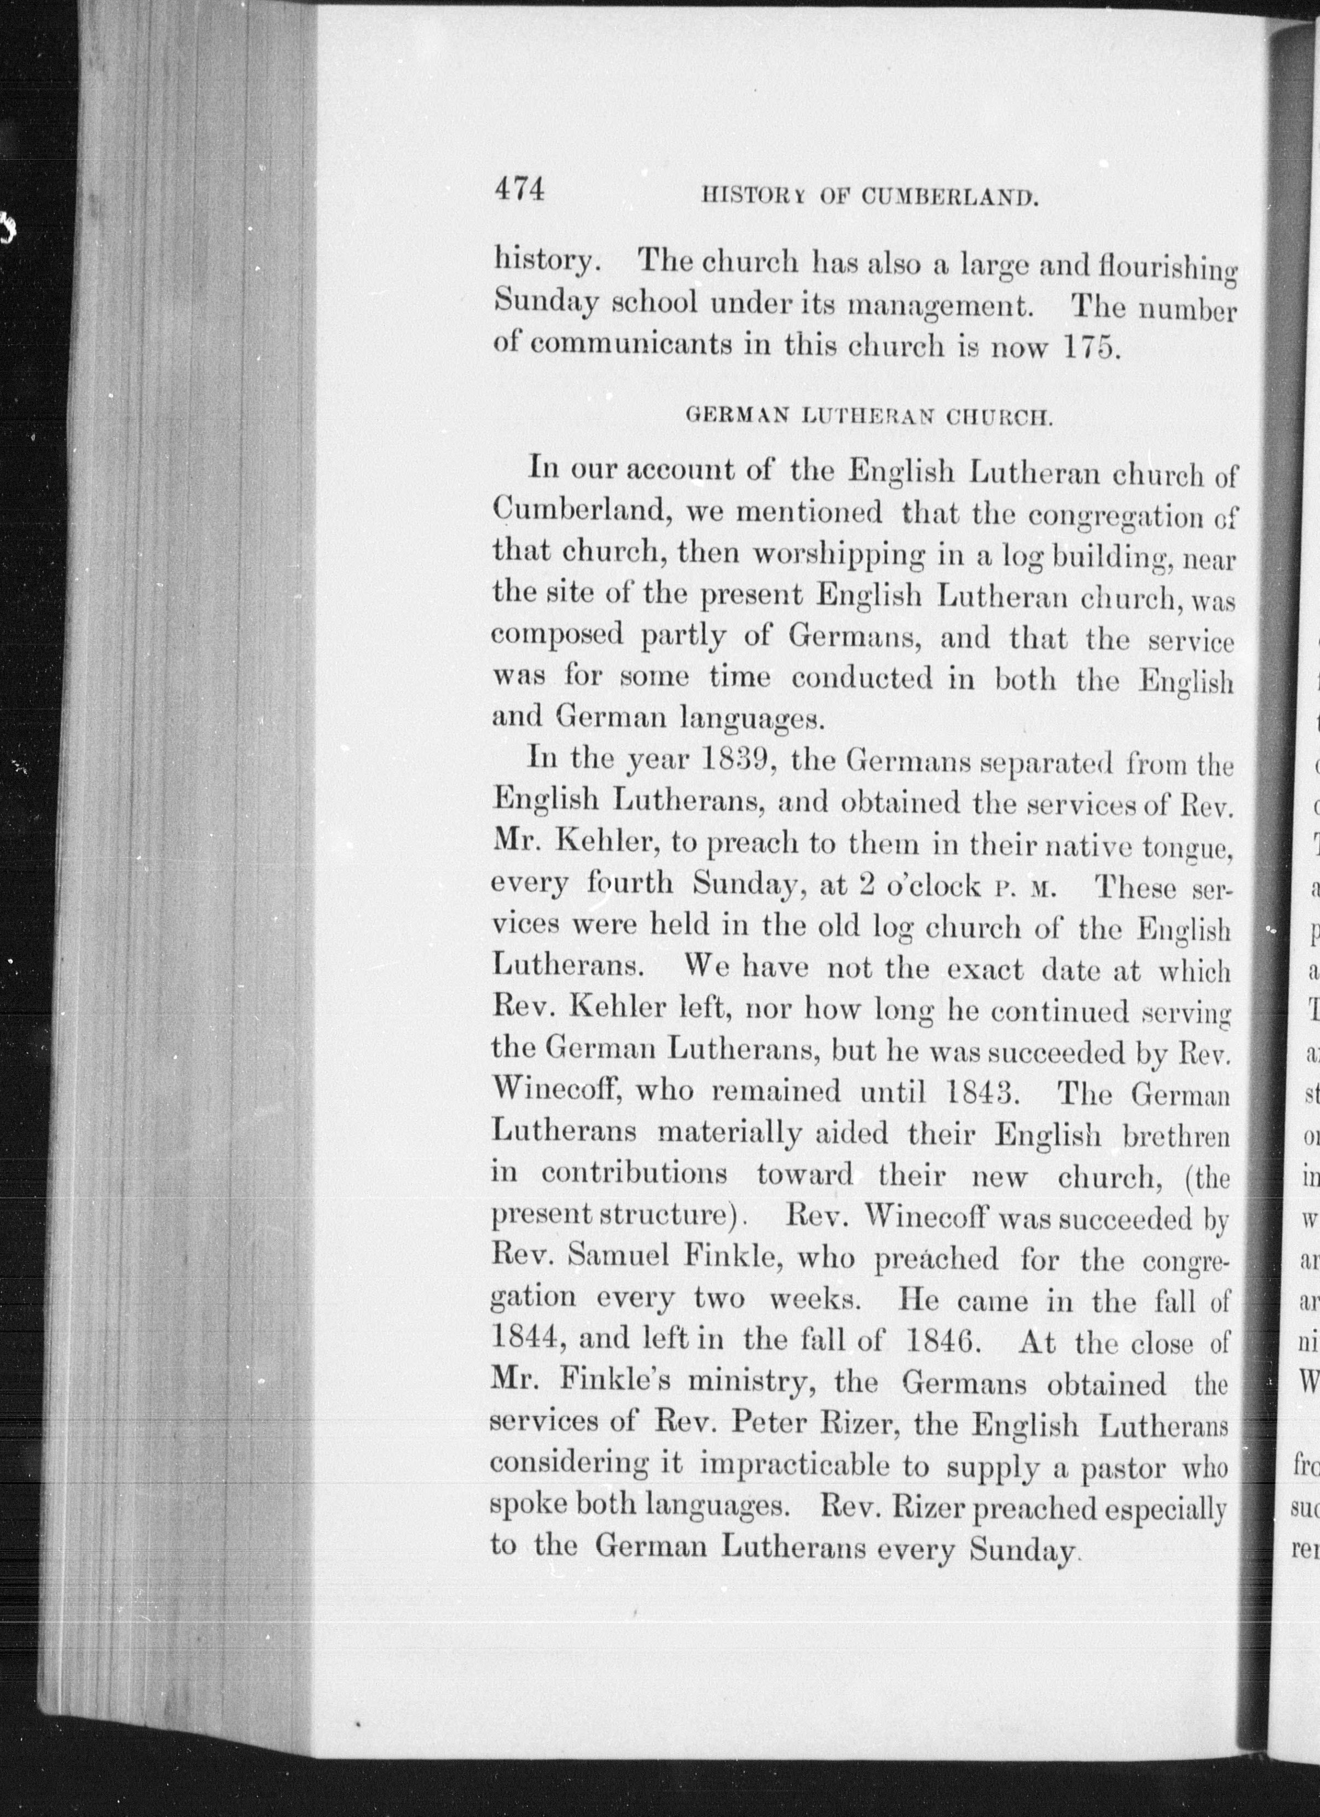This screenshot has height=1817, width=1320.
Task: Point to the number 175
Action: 1087,348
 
